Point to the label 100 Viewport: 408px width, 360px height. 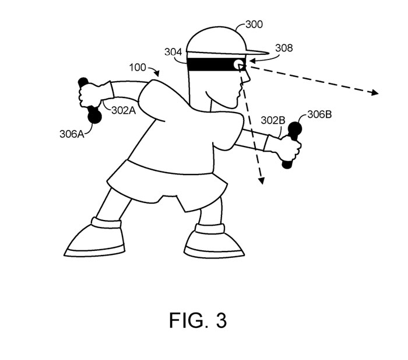point(138,68)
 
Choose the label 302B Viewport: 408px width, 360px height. point(273,121)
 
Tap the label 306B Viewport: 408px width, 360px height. point(319,114)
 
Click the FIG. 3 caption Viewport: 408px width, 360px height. point(198,320)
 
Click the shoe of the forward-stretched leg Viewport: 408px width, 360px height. point(93,239)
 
